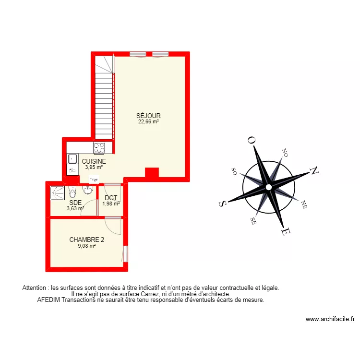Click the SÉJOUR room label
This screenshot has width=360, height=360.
[x=148, y=116]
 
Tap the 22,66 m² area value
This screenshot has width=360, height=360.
[x=148, y=122]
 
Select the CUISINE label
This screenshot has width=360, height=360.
[x=94, y=162]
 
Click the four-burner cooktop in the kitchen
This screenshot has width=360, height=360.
[x=99, y=147]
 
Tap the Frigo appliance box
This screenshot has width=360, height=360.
[x=93, y=180]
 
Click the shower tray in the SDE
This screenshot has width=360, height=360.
[x=58, y=193]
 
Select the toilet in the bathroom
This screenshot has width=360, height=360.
[x=72, y=193]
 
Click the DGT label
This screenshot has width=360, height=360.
[x=111, y=198]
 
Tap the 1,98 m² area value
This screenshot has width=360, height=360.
[x=111, y=204]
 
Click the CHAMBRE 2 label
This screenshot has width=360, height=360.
[x=87, y=240]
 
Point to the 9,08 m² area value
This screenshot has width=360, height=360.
[x=87, y=246]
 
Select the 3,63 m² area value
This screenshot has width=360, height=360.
[x=75, y=208]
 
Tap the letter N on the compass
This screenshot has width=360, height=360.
[x=315, y=170]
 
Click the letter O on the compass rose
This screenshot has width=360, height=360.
[x=251, y=140]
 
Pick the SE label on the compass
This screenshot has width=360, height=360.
[x=252, y=221]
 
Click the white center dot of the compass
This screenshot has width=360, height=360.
[x=268, y=187]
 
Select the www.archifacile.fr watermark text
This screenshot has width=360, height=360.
[x=330, y=319]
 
